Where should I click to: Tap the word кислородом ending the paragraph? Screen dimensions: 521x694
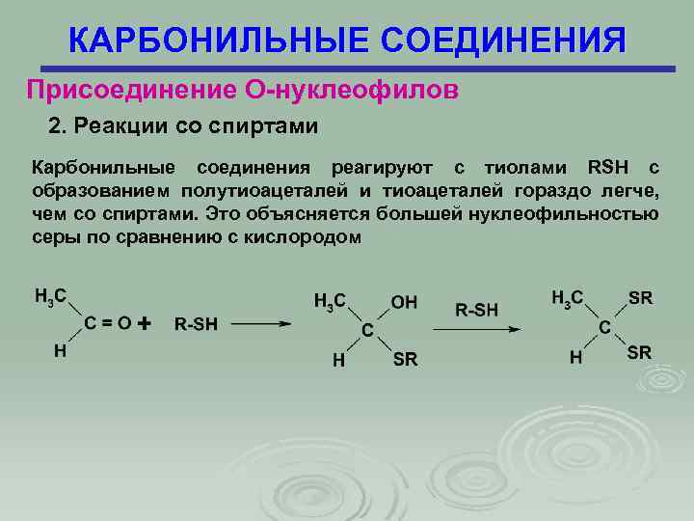(x=313, y=236)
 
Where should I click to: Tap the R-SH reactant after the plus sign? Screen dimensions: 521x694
(x=196, y=324)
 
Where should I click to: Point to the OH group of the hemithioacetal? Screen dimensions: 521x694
(x=404, y=302)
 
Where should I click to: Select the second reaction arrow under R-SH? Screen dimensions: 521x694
(x=477, y=329)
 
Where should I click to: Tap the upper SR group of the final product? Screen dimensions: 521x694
(x=640, y=297)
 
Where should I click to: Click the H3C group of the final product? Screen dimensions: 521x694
(x=567, y=298)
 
